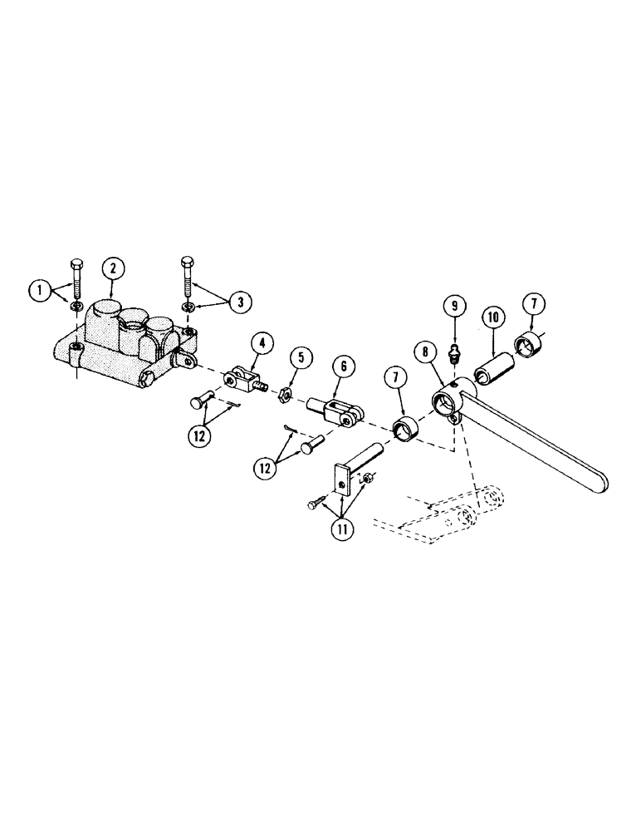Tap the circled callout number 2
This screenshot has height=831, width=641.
pos(113,268)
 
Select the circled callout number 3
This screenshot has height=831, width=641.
pos(240,302)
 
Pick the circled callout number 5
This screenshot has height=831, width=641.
pos(301,359)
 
